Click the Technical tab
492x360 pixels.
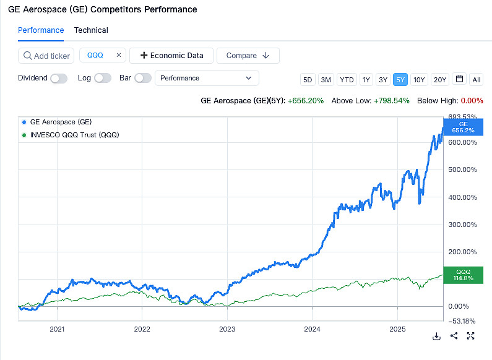point(91,30)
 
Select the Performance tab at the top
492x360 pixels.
point(41,30)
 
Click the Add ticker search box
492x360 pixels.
point(46,56)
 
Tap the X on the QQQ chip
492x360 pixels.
point(119,55)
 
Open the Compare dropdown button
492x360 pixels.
point(248,56)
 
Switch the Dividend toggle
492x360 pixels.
point(59,78)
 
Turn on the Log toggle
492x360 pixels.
point(103,78)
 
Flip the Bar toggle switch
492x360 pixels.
point(143,78)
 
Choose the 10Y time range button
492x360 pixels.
point(419,79)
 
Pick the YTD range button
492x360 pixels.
point(347,79)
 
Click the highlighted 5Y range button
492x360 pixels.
point(400,79)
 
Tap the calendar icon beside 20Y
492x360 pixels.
point(459,79)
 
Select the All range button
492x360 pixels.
point(477,79)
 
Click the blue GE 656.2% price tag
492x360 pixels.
point(463,127)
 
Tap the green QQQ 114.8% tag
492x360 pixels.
point(463,275)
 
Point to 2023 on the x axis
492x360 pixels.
point(227,329)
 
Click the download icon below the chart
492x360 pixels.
point(436,336)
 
